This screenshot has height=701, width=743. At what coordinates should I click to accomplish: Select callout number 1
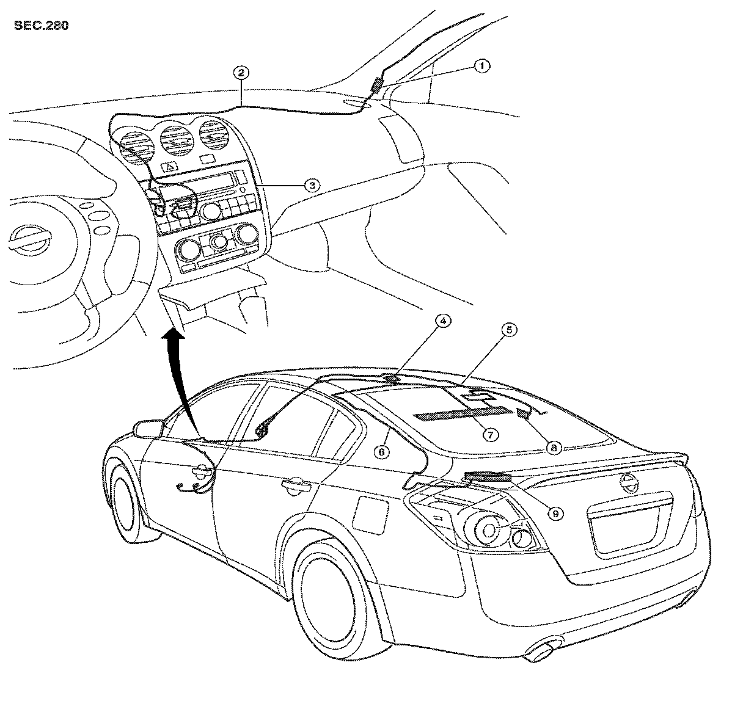pos(482,66)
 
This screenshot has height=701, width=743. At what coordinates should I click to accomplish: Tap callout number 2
pos(241,73)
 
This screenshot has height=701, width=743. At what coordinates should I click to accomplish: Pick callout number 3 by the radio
pos(312,185)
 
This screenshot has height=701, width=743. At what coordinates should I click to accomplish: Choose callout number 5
pos(509,330)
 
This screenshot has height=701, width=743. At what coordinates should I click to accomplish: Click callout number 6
pos(381,452)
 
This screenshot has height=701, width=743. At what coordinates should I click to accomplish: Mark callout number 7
pos(489,434)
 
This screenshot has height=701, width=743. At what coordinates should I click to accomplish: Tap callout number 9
pos(556,514)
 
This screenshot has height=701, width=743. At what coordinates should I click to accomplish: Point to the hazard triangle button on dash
pos(170,166)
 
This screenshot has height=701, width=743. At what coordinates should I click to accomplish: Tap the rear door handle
pos(296,485)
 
